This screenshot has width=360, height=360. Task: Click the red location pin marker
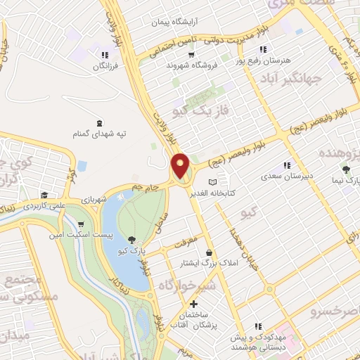[x=181, y=165]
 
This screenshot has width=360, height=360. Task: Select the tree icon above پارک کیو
[x=131, y=240]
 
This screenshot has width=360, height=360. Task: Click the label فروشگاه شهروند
[x=189, y=65]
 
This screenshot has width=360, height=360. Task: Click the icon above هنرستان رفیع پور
[x=262, y=49]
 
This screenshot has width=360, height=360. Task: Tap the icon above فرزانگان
[x=105, y=55]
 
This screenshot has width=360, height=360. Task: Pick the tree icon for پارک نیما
[x=345, y=169]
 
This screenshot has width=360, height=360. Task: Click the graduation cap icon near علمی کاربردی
[x=44, y=195]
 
